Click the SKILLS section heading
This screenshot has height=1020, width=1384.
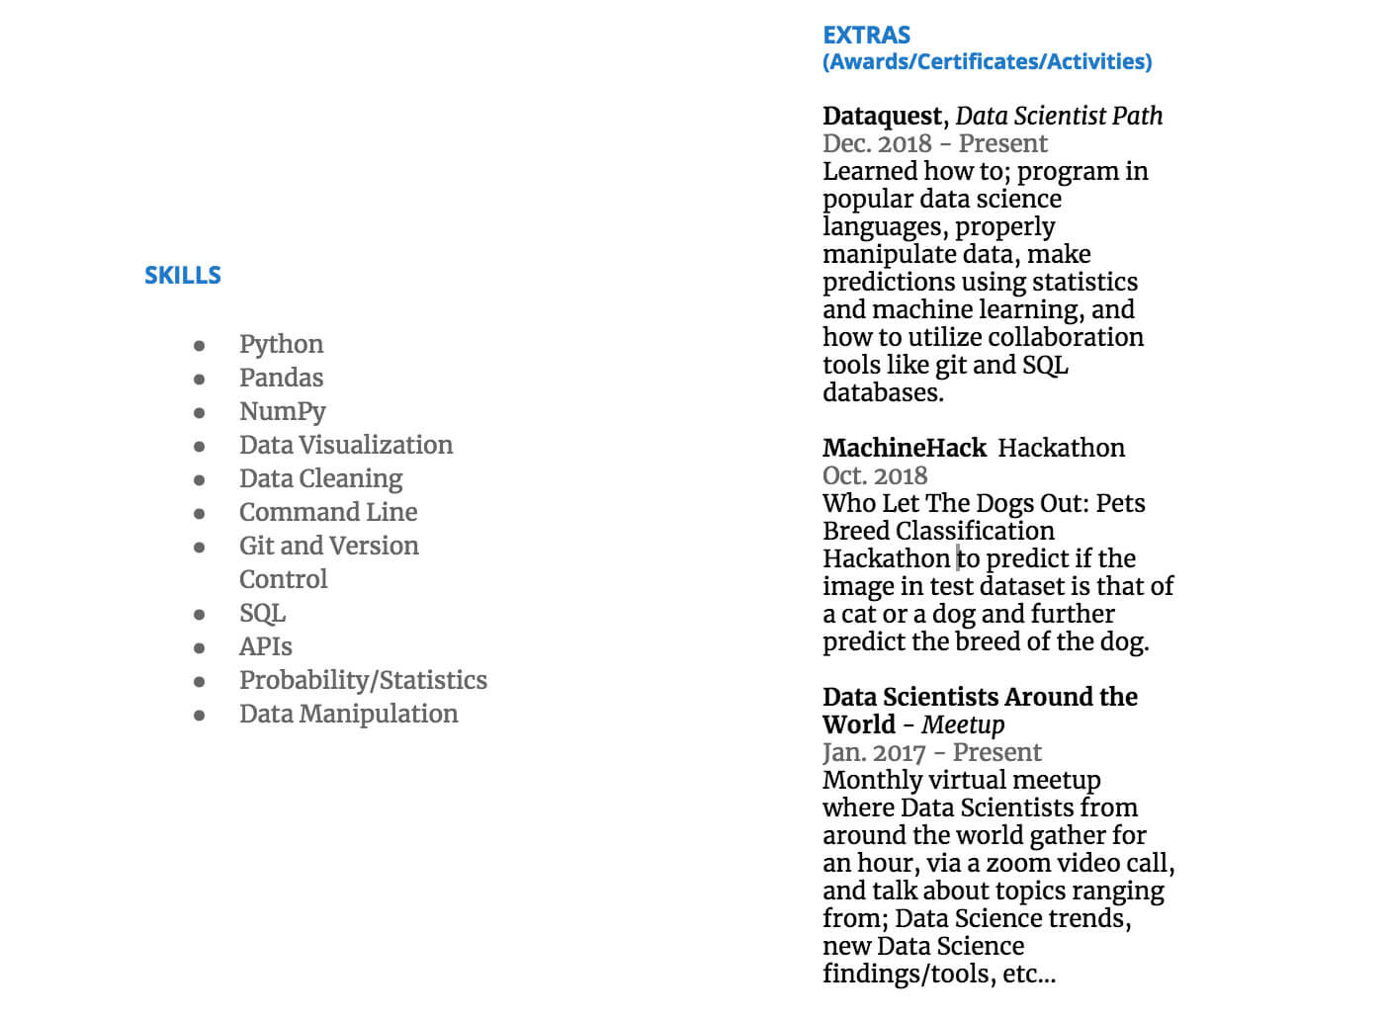[x=183, y=276]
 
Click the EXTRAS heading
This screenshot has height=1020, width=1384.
[x=866, y=36]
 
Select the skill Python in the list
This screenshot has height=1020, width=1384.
[x=281, y=344]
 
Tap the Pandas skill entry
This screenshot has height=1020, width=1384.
[x=281, y=378]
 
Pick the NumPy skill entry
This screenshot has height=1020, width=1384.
[x=282, y=411]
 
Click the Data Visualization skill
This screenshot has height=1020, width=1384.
[x=346, y=445]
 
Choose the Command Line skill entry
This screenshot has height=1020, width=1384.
[x=328, y=512]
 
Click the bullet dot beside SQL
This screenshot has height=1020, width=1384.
[x=200, y=615]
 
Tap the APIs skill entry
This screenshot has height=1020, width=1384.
[x=265, y=646]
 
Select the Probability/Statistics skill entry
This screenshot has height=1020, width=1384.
[x=363, y=680]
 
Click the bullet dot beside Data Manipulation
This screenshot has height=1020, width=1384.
[x=200, y=716]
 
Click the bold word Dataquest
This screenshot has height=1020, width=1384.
[x=883, y=117]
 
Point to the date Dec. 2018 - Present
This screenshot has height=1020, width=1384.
[x=934, y=144]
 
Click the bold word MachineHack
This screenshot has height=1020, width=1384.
[x=904, y=449]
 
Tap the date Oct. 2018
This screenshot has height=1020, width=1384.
[x=875, y=476]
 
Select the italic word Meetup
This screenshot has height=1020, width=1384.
[x=963, y=725]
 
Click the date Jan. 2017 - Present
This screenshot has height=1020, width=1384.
[x=931, y=753]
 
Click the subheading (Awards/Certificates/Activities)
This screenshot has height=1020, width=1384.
[x=987, y=62]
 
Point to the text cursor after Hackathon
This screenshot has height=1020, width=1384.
[x=957, y=558]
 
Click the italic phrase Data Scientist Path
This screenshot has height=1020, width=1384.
[x=1059, y=117]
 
